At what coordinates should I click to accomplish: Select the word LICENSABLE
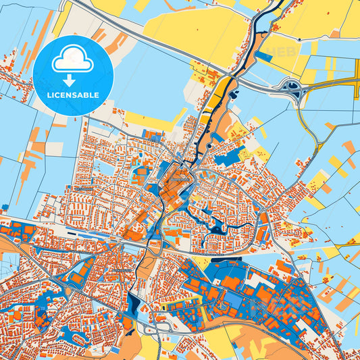click(72, 95)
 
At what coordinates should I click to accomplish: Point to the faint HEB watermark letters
click(282, 51)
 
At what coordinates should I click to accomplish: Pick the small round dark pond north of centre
click(210, 145)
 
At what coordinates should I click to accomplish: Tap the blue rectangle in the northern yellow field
click(263, 57)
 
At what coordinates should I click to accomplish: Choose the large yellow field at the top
click(189, 30)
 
